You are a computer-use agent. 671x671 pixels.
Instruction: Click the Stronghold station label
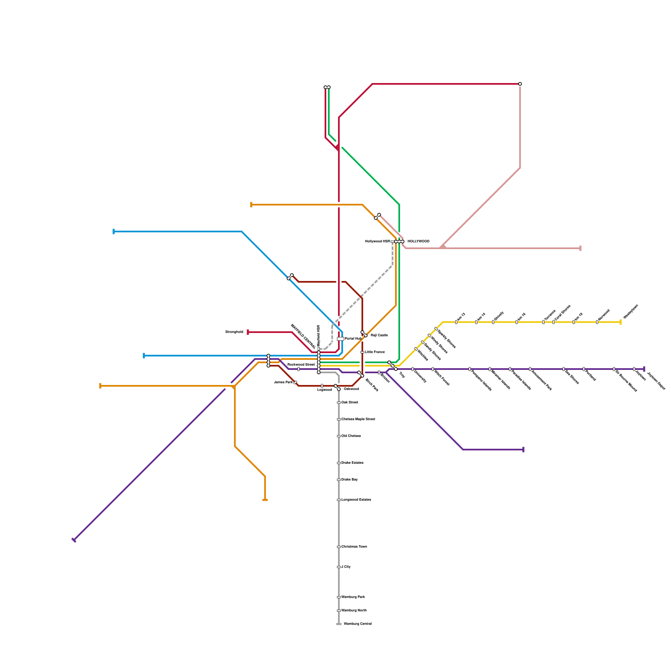234,332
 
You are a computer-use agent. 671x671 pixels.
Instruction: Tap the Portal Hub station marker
340,339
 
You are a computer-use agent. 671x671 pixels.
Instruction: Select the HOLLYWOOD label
418,242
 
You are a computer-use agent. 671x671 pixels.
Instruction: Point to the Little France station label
375,352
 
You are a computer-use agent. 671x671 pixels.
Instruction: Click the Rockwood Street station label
301,365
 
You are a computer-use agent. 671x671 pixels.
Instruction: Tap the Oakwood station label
351,389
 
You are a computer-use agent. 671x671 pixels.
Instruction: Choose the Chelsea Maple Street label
358,419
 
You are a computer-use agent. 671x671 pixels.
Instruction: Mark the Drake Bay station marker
339,480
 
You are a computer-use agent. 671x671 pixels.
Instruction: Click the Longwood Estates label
356,500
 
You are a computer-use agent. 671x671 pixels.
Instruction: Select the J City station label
346,567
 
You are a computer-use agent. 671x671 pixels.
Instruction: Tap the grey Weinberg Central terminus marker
339,624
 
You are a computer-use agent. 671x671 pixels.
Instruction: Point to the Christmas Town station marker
339,547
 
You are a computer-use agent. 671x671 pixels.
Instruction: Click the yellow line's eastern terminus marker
621,322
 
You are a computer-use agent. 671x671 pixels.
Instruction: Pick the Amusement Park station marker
530,369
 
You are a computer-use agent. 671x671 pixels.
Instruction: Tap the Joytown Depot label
656,381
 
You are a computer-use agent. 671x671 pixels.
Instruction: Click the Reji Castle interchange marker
364,334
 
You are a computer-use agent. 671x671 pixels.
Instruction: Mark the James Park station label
283,382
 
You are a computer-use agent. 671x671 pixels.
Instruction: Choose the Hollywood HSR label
377,242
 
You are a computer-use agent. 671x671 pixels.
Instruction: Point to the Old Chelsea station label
351,436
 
